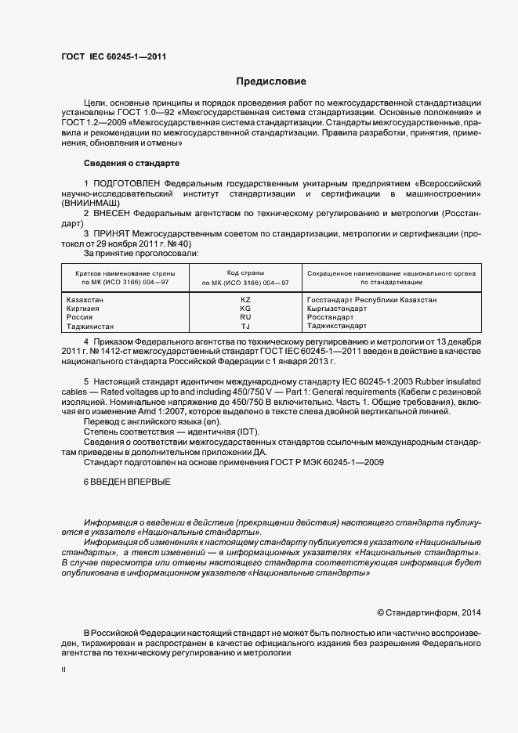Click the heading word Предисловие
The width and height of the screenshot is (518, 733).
[271, 81]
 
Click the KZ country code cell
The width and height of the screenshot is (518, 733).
[245, 300]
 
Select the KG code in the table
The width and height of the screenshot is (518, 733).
[245, 309]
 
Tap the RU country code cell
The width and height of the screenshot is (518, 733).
[245, 317]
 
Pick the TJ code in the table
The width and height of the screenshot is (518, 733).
[245, 326]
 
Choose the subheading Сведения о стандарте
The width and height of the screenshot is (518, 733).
[132, 163]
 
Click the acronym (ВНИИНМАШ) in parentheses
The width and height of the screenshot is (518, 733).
[89, 202]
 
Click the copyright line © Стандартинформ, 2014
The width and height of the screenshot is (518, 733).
[429, 612]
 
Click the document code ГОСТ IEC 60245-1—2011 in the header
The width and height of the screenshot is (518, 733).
[114, 56]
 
